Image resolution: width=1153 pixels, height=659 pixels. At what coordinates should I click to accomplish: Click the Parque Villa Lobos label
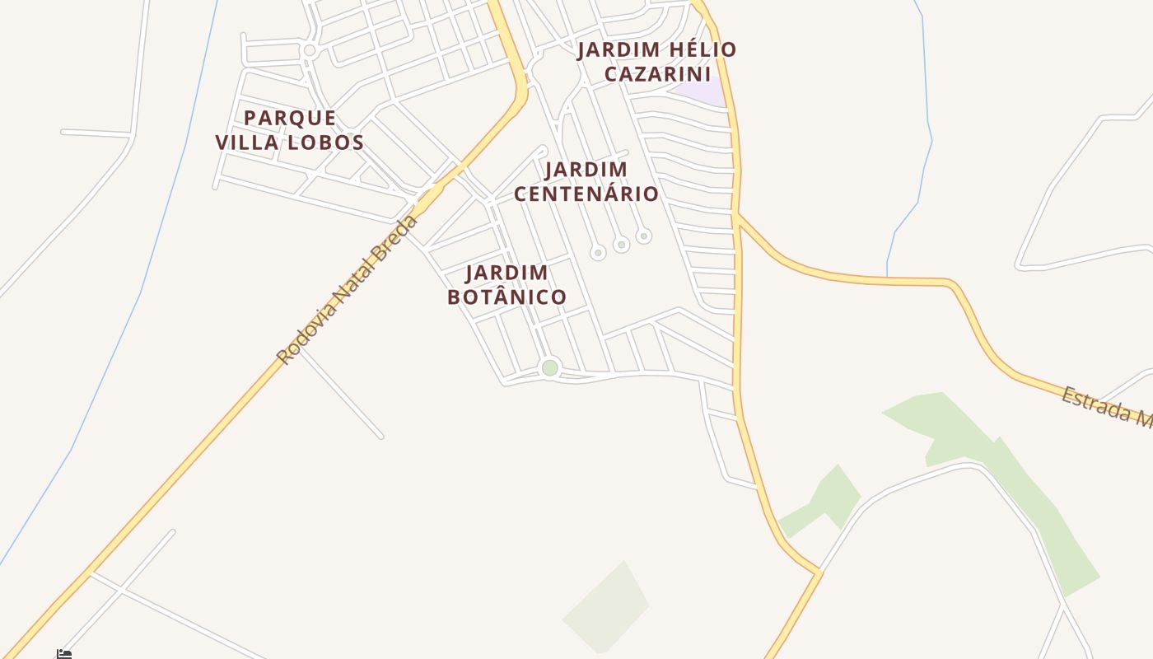click(290, 130)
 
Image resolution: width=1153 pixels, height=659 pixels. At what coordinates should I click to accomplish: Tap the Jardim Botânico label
click(506, 285)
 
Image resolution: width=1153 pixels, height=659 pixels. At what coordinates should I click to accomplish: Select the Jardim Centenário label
click(586, 182)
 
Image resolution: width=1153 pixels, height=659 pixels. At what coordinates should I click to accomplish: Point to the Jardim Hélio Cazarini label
click(656, 62)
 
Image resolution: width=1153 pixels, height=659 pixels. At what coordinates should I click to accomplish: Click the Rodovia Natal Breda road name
click(348, 290)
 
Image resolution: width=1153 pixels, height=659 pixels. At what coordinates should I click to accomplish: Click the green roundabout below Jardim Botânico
click(550, 367)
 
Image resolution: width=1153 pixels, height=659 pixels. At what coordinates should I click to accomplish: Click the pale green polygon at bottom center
click(608, 608)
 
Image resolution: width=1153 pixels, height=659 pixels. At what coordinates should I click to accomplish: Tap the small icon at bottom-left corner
click(64, 654)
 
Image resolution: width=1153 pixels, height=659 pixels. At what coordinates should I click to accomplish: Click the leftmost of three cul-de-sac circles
click(599, 253)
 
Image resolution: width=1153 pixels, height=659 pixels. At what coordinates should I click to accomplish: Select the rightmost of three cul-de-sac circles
click(644, 236)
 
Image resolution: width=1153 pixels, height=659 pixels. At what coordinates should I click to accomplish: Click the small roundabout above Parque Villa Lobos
click(310, 50)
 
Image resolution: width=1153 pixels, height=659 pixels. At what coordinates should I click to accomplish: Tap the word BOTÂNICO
click(506, 297)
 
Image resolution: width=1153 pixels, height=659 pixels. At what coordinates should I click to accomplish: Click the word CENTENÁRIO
click(586, 194)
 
